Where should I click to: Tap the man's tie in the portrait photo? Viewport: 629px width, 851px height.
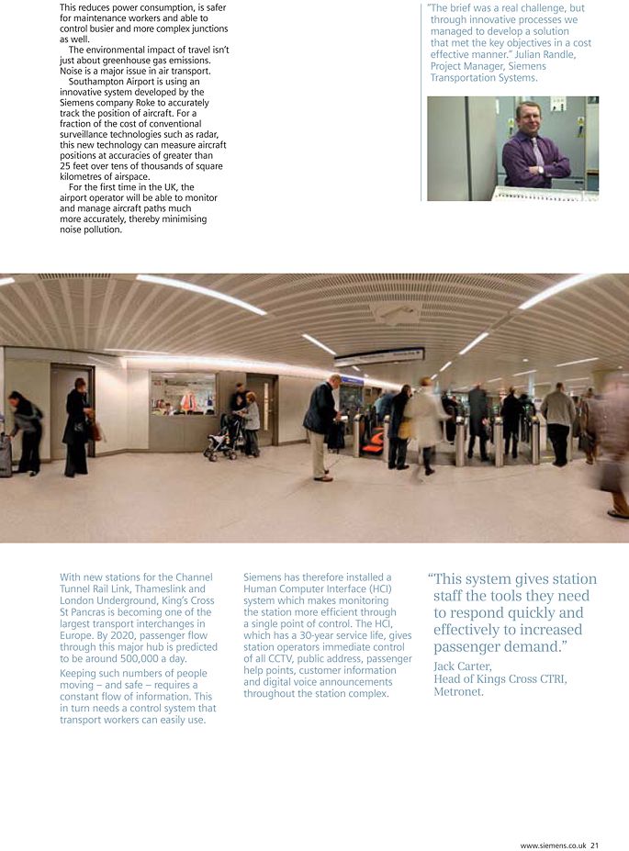[538, 148]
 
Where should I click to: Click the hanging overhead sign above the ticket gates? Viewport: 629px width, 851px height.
[379, 355]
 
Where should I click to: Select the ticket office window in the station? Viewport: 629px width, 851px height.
[183, 394]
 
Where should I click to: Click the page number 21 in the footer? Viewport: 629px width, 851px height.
[594, 845]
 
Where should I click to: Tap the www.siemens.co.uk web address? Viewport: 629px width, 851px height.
[552, 845]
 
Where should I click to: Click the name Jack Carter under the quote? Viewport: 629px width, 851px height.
[462, 666]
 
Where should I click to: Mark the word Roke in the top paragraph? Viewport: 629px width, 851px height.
[152, 103]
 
